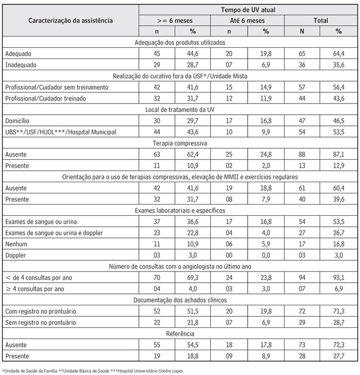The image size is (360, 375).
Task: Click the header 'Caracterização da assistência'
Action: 71,21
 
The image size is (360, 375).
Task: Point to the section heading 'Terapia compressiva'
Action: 180,143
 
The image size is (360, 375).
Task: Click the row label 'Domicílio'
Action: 17,120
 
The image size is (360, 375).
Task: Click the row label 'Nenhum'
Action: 15,243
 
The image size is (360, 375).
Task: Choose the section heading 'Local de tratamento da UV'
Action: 180,109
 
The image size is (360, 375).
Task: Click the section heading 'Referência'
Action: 180,333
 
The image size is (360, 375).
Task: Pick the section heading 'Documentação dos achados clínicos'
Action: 180,299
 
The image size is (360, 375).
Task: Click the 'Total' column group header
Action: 321,21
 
